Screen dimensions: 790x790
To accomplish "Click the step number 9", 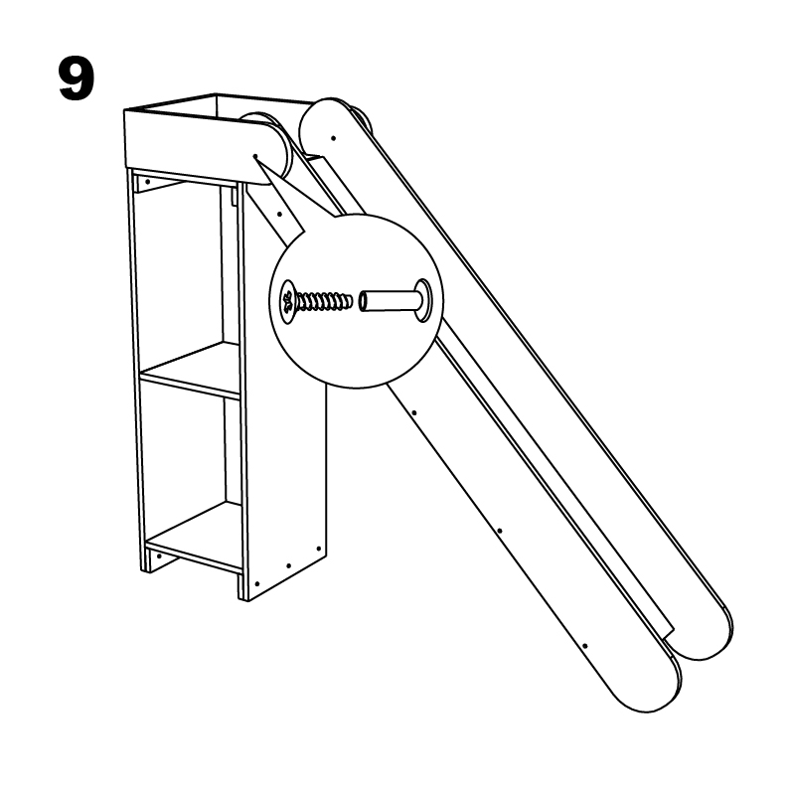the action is pos(77,79).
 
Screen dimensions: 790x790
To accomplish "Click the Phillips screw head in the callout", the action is pos(288,301).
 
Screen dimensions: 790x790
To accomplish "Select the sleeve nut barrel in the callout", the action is pos(388,300).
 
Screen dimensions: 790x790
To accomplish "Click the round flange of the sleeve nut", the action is pos(423,300).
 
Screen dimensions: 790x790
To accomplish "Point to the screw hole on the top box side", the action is pos(255,156).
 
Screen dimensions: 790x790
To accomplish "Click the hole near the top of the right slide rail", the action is pos(333,138).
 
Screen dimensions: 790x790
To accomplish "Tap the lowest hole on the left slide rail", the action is pos(584,645).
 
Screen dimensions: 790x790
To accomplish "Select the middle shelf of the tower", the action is pos(191,371).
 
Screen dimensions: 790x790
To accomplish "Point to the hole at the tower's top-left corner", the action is pos(148,182).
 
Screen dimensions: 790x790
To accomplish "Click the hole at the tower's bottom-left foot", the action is pos(159,556).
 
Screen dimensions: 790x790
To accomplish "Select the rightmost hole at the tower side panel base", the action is pos(318,549).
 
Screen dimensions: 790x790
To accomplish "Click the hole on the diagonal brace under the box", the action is pos(279,215).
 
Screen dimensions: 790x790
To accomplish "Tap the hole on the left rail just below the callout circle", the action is pos(413,413).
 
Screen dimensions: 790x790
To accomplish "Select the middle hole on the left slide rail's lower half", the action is pos(499,531).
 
